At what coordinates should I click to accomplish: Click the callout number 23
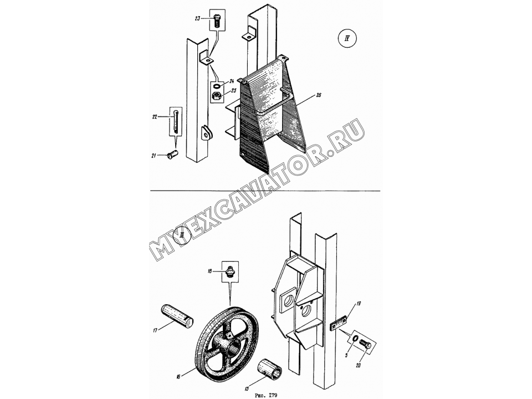click(197, 19)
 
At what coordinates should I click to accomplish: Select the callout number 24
click(232, 81)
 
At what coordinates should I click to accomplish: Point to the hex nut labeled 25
click(217, 96)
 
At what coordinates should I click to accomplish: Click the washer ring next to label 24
click(217, 86)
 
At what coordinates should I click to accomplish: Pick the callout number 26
click(318, 95)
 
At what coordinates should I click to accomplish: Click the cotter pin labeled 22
click(175, 121)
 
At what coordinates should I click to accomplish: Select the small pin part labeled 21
click(173, 155)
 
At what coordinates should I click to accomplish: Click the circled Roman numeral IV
click(347, 38)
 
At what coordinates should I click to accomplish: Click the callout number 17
click(155, 330)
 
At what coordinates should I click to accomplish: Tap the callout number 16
click(177, 376)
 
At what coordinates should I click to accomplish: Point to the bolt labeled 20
click(365, 345)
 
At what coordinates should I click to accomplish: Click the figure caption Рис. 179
click(266, 395)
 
